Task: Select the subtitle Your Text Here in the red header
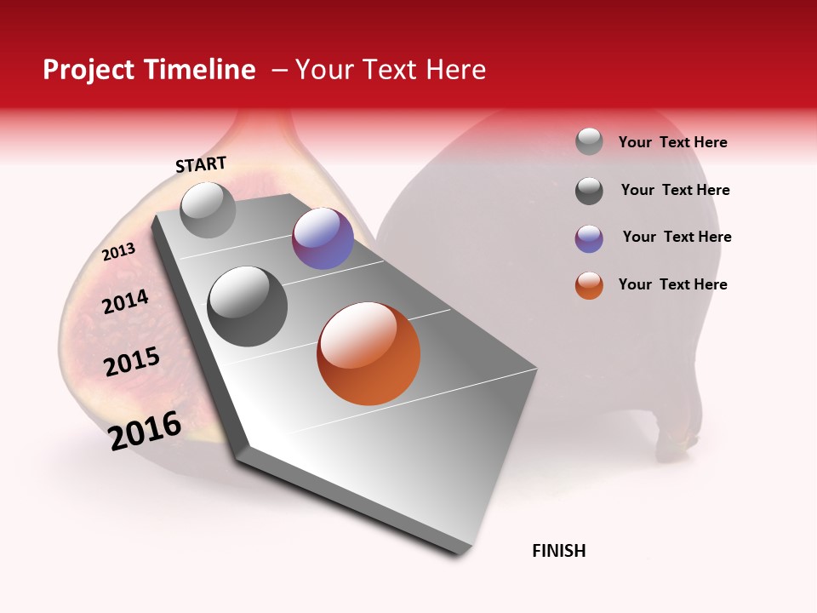(x=391, y=70)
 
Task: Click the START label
(x=201, y=164)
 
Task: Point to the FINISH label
(x=559, y=551)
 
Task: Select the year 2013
(x=118, y=252)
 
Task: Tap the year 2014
(x=125, y=301)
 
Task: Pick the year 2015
(x=132, y=362)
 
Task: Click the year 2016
(x=145, y=431)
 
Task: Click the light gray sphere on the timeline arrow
(x=208, y=209)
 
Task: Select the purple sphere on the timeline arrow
(x=323, y=238)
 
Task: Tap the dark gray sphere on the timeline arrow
(x=248, y=306)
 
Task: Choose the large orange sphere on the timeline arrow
(x=369, y=353)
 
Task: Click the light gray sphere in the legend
(x=589, y=141)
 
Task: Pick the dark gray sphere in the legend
(x=589, y=191)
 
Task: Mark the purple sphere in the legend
(x=589, y=238)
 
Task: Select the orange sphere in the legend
(x=589, y=285)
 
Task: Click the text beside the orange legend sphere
(x=672, y=284)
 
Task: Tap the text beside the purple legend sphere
(x=677, y=237)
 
